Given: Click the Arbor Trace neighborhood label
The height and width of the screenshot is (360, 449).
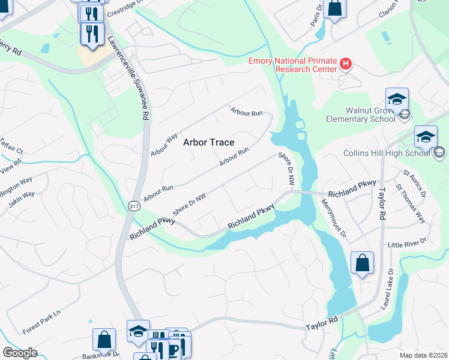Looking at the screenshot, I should pos(208,142).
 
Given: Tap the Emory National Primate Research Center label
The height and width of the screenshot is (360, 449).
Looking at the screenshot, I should pos(293,65).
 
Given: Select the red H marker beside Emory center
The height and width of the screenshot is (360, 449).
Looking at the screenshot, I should pos(345,63).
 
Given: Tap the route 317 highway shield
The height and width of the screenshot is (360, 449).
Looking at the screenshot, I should pos(133,205).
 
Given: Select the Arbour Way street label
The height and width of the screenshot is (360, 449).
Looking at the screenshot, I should pos(164,145).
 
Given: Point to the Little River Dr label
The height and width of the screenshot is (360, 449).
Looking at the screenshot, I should pos(406,243).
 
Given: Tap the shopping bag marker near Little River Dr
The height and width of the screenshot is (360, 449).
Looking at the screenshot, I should pos(362,263).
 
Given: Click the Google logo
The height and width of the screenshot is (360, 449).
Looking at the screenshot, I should pos(20,353).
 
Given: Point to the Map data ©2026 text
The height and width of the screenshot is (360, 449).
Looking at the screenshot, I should pos(424,355).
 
